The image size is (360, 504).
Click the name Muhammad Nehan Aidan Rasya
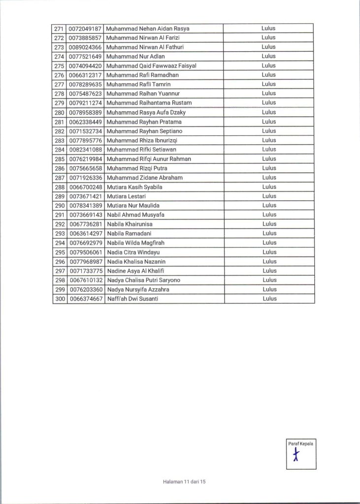click(x=148, y=28)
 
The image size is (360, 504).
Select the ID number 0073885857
click(x=85, y=37)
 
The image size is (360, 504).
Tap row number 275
click(x=60, y=65)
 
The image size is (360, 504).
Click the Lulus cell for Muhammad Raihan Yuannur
click(x=268, y=94)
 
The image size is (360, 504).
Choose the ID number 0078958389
click(x=85, y=112)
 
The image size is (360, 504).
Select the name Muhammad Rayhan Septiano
click(x=145, y=131)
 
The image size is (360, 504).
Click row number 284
click(x=60, y=150)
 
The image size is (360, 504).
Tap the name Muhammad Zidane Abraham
click(x=145, y=178)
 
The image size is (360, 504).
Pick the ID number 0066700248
click(x=85, y=187)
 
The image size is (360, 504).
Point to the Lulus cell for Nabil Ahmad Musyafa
click(x=268, y=215)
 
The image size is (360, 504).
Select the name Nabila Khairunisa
click(x=130, y=224)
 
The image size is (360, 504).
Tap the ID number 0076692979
click(x=85, y=243)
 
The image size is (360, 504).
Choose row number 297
click(x=60, y=271)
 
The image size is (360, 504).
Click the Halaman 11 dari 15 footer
click(x=183, y=482)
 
